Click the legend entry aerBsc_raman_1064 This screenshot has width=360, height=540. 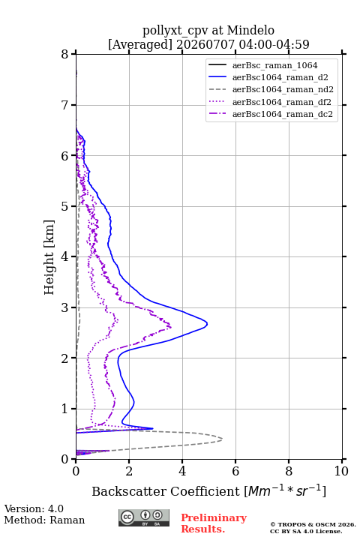pyautogui.click(x=274, y=65)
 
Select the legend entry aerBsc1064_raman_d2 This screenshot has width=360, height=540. pyautogui.click(x=280, y=77)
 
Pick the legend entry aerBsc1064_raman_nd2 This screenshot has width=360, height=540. pyautogui.click(x=283, y=89)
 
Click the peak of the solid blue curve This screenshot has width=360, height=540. pyautogui.click(x=208, y=324)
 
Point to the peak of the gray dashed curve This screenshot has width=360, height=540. pyautogui.click(x=222, y=439)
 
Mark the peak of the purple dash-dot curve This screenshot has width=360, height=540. pyautogui.click(x=171, y=326)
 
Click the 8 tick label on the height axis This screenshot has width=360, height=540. pyautogui.click(x=65, y=54)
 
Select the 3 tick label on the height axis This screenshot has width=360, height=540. pyautogui.click(x=65, y=307)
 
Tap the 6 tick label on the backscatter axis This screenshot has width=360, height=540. pyautogui.click(x=235, y=471)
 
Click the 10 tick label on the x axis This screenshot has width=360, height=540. pyautogui.click(x=341, y=471)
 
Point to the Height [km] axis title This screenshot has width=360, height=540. pyautogui.click(x=49, y=257)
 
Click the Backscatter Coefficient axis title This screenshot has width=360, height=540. pyautogui.click(x=208, y=491)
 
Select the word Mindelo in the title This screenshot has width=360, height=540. pyautogui.click(x=250, y=30)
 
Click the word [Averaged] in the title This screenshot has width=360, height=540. pyautogui.click(x=140, y=44)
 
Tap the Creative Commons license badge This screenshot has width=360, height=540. pyautogui.click(x=144, y=517)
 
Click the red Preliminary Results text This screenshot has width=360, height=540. pyautogui.click(x=214, y=523)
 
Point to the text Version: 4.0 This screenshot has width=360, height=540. pyautogui.click(x=34, y=508)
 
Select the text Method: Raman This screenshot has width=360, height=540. pyautogui.click(x=44, y=520)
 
